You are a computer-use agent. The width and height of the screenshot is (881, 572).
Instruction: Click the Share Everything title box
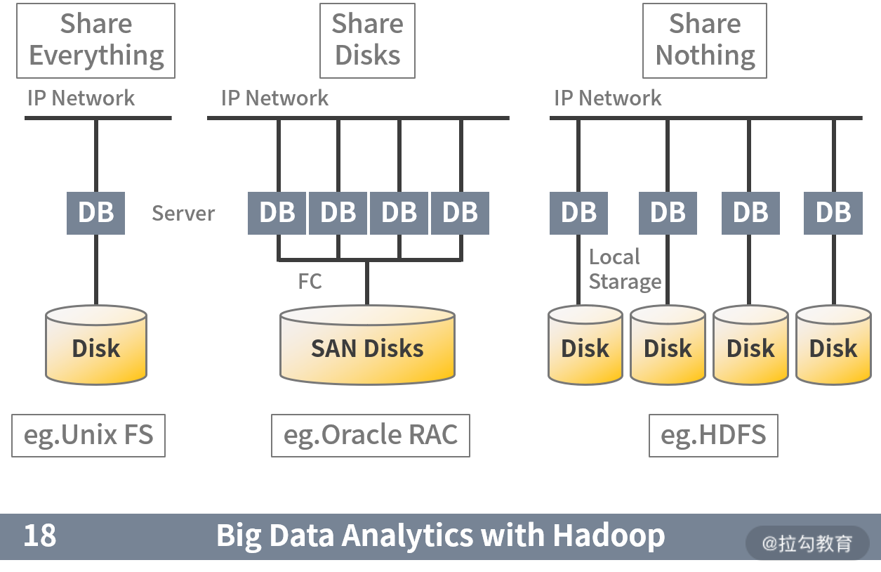96,40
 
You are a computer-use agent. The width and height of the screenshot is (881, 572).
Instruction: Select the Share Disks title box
367,40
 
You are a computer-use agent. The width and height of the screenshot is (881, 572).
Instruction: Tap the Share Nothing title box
705,40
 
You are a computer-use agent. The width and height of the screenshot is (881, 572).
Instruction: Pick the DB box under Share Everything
96,212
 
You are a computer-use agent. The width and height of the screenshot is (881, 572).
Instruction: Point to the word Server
183,213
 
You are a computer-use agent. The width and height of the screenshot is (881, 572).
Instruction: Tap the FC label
310,281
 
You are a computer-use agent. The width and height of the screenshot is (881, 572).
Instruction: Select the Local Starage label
624,269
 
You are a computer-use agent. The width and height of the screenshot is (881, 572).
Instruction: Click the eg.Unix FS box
88,436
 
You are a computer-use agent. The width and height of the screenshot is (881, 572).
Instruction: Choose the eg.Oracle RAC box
371,436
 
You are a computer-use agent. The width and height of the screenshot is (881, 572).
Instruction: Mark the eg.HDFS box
713,436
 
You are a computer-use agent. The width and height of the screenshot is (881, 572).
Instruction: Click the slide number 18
40,536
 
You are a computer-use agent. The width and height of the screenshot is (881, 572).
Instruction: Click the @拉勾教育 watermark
807,543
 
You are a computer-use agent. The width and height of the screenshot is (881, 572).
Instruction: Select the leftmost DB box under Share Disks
277,212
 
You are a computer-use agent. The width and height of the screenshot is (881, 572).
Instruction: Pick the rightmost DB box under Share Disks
460,212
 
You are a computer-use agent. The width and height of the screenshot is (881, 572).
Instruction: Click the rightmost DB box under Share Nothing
833,212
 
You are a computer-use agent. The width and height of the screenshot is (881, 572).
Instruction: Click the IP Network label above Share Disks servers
274,98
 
